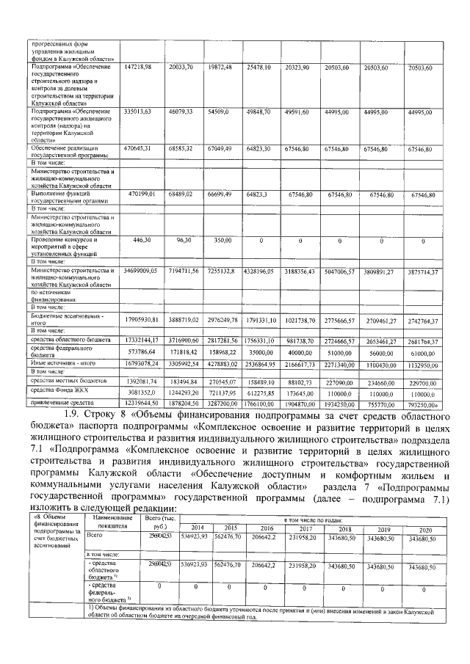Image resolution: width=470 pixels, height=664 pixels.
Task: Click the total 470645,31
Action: [138, 148]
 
